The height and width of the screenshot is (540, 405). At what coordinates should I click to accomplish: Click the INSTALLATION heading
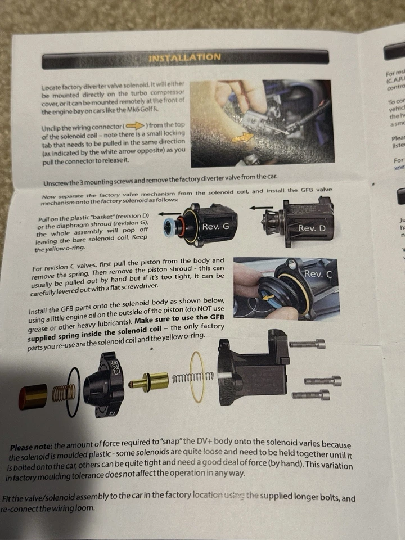184,57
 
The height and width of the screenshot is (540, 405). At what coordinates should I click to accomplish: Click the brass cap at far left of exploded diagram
33,396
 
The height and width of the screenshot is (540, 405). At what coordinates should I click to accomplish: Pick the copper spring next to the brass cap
63,392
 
